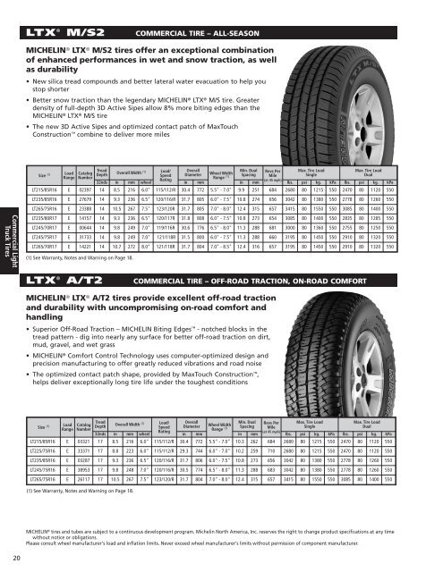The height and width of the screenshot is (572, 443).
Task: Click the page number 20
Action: click(x=19, y=559)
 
